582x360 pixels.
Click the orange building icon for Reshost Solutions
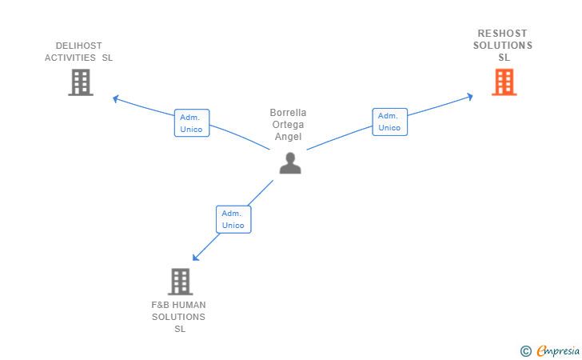pos(504,82)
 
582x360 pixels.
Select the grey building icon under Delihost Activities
pos(81,82)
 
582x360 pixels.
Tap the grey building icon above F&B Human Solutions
pos(181,281)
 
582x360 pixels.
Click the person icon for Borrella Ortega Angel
pos(290,162)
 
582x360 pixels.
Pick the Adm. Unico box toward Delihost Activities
pos(192,123)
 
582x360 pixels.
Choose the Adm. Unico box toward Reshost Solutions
pos(389,122)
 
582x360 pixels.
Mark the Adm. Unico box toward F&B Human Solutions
pos(233,219)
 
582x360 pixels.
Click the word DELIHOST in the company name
pos(79,46)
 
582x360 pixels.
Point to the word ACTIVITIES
pos(70,58)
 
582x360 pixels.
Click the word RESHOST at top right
pos(502,34)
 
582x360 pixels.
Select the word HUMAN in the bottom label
pos(189,305)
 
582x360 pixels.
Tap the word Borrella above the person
pos(288,113)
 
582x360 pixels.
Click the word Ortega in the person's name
pos(288,125)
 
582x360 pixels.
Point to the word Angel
pos(288,137)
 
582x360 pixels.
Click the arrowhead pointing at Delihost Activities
pos(116,99)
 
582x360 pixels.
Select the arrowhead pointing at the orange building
pos(470,97)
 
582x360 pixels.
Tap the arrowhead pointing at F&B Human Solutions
pos(196,257)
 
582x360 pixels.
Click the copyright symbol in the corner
pos(525,350)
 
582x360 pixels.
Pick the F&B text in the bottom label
pos(160,305)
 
